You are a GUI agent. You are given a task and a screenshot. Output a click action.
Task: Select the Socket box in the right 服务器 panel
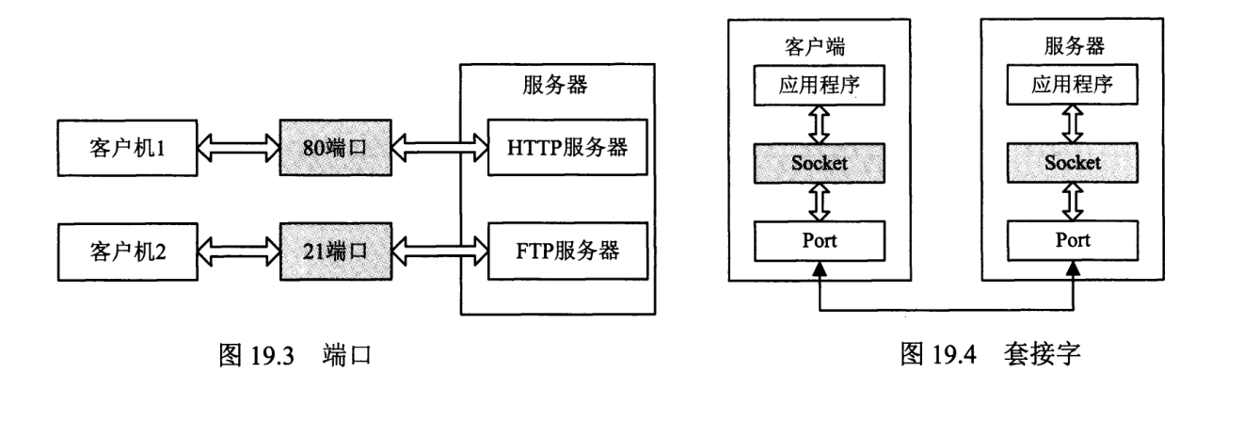coord(1074,162)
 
